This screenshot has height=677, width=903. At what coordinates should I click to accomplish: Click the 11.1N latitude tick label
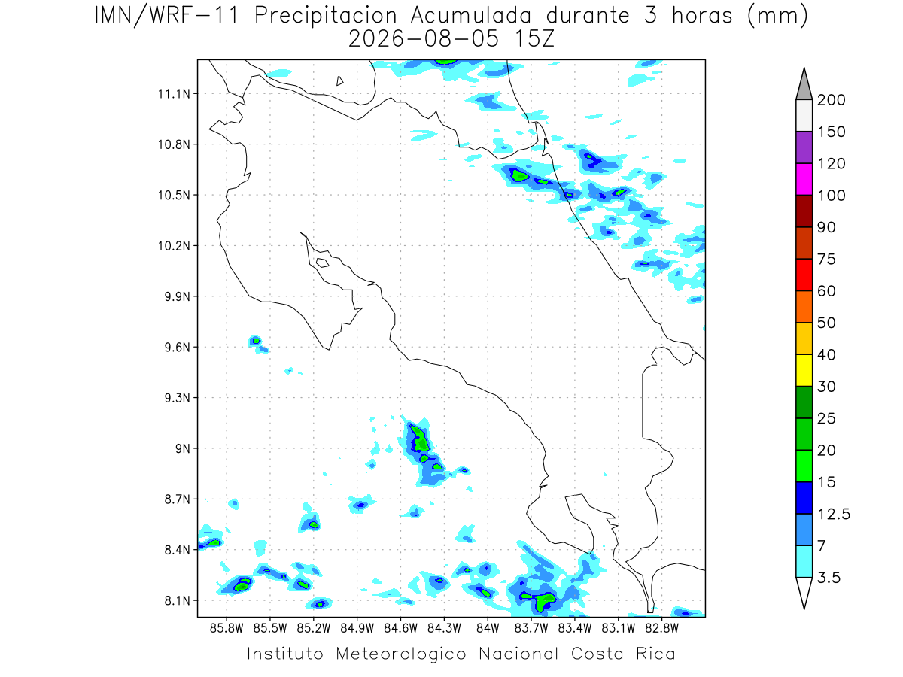click(x=174, y=94)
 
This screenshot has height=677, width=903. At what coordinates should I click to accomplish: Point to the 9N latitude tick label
click(x=183, y=448)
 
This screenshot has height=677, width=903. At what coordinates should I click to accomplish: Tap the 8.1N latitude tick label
click(x=178, y=600)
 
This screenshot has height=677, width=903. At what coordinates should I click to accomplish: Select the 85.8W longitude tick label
click(x=227, y=628)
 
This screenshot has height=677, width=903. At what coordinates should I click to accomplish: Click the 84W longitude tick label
click(x=488, y=628)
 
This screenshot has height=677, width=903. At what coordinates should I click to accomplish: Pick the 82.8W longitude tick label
click(x=662, y=628)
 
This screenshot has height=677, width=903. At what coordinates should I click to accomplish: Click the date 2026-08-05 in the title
click(x=424, y=39)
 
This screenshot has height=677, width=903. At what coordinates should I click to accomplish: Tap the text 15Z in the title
click(x=534, y=39)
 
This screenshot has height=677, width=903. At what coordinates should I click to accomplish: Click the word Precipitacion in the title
click(x=325, y=16)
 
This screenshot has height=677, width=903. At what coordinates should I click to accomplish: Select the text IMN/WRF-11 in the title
click(x=166, y=16)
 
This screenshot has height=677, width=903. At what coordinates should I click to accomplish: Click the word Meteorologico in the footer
click(x=400, y=654)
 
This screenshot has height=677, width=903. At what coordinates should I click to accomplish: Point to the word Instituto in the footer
click(x=285, y=654)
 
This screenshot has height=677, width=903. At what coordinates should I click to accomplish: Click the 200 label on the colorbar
click(x=831, y=100)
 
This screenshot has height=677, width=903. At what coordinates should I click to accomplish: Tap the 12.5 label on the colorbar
click(x=833, y=514)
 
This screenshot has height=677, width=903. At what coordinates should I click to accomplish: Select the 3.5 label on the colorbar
click(x=829, y=578)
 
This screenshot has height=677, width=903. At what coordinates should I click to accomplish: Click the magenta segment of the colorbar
click(x=804, y=179)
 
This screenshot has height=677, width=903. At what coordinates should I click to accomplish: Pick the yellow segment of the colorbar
click(x=804, y=370)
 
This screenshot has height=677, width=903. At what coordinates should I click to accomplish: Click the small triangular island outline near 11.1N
click(x=339, y=81)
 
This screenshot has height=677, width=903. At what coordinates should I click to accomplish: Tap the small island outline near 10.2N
click(x=323, y=263)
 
